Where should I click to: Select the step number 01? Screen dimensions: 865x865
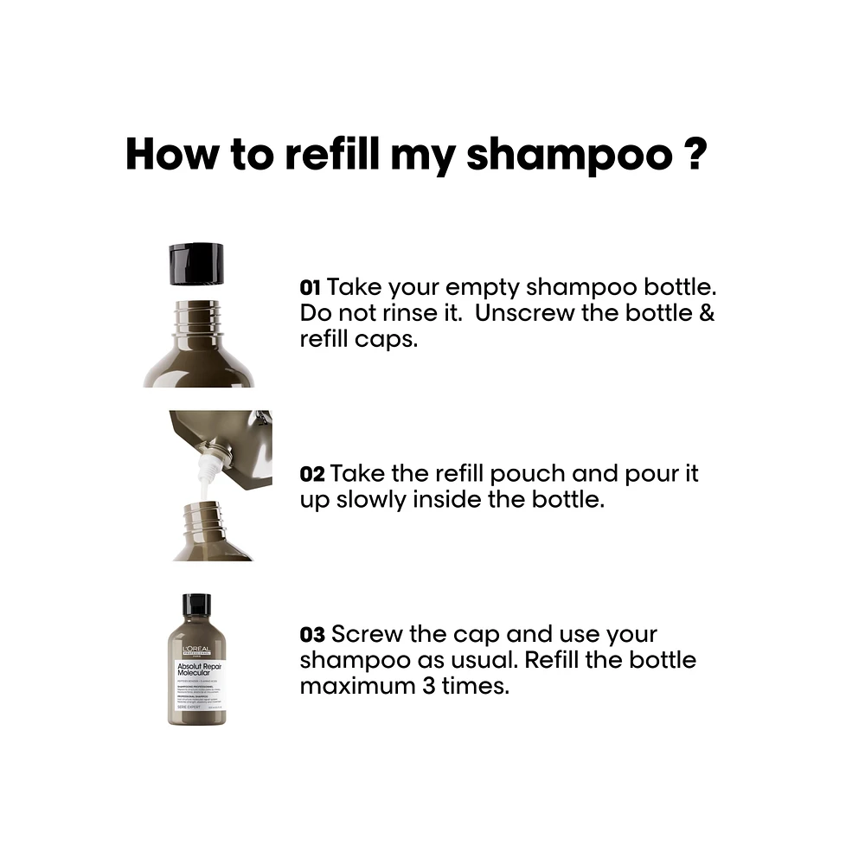coord(311,287)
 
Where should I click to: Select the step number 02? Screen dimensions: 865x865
coord(311,474)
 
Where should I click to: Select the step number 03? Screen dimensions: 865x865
coord(311,635)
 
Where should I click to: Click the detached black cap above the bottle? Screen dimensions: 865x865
coord(196,263)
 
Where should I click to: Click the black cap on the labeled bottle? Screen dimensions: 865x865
coord(196,605)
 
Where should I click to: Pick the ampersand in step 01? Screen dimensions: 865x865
coord(707,313)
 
